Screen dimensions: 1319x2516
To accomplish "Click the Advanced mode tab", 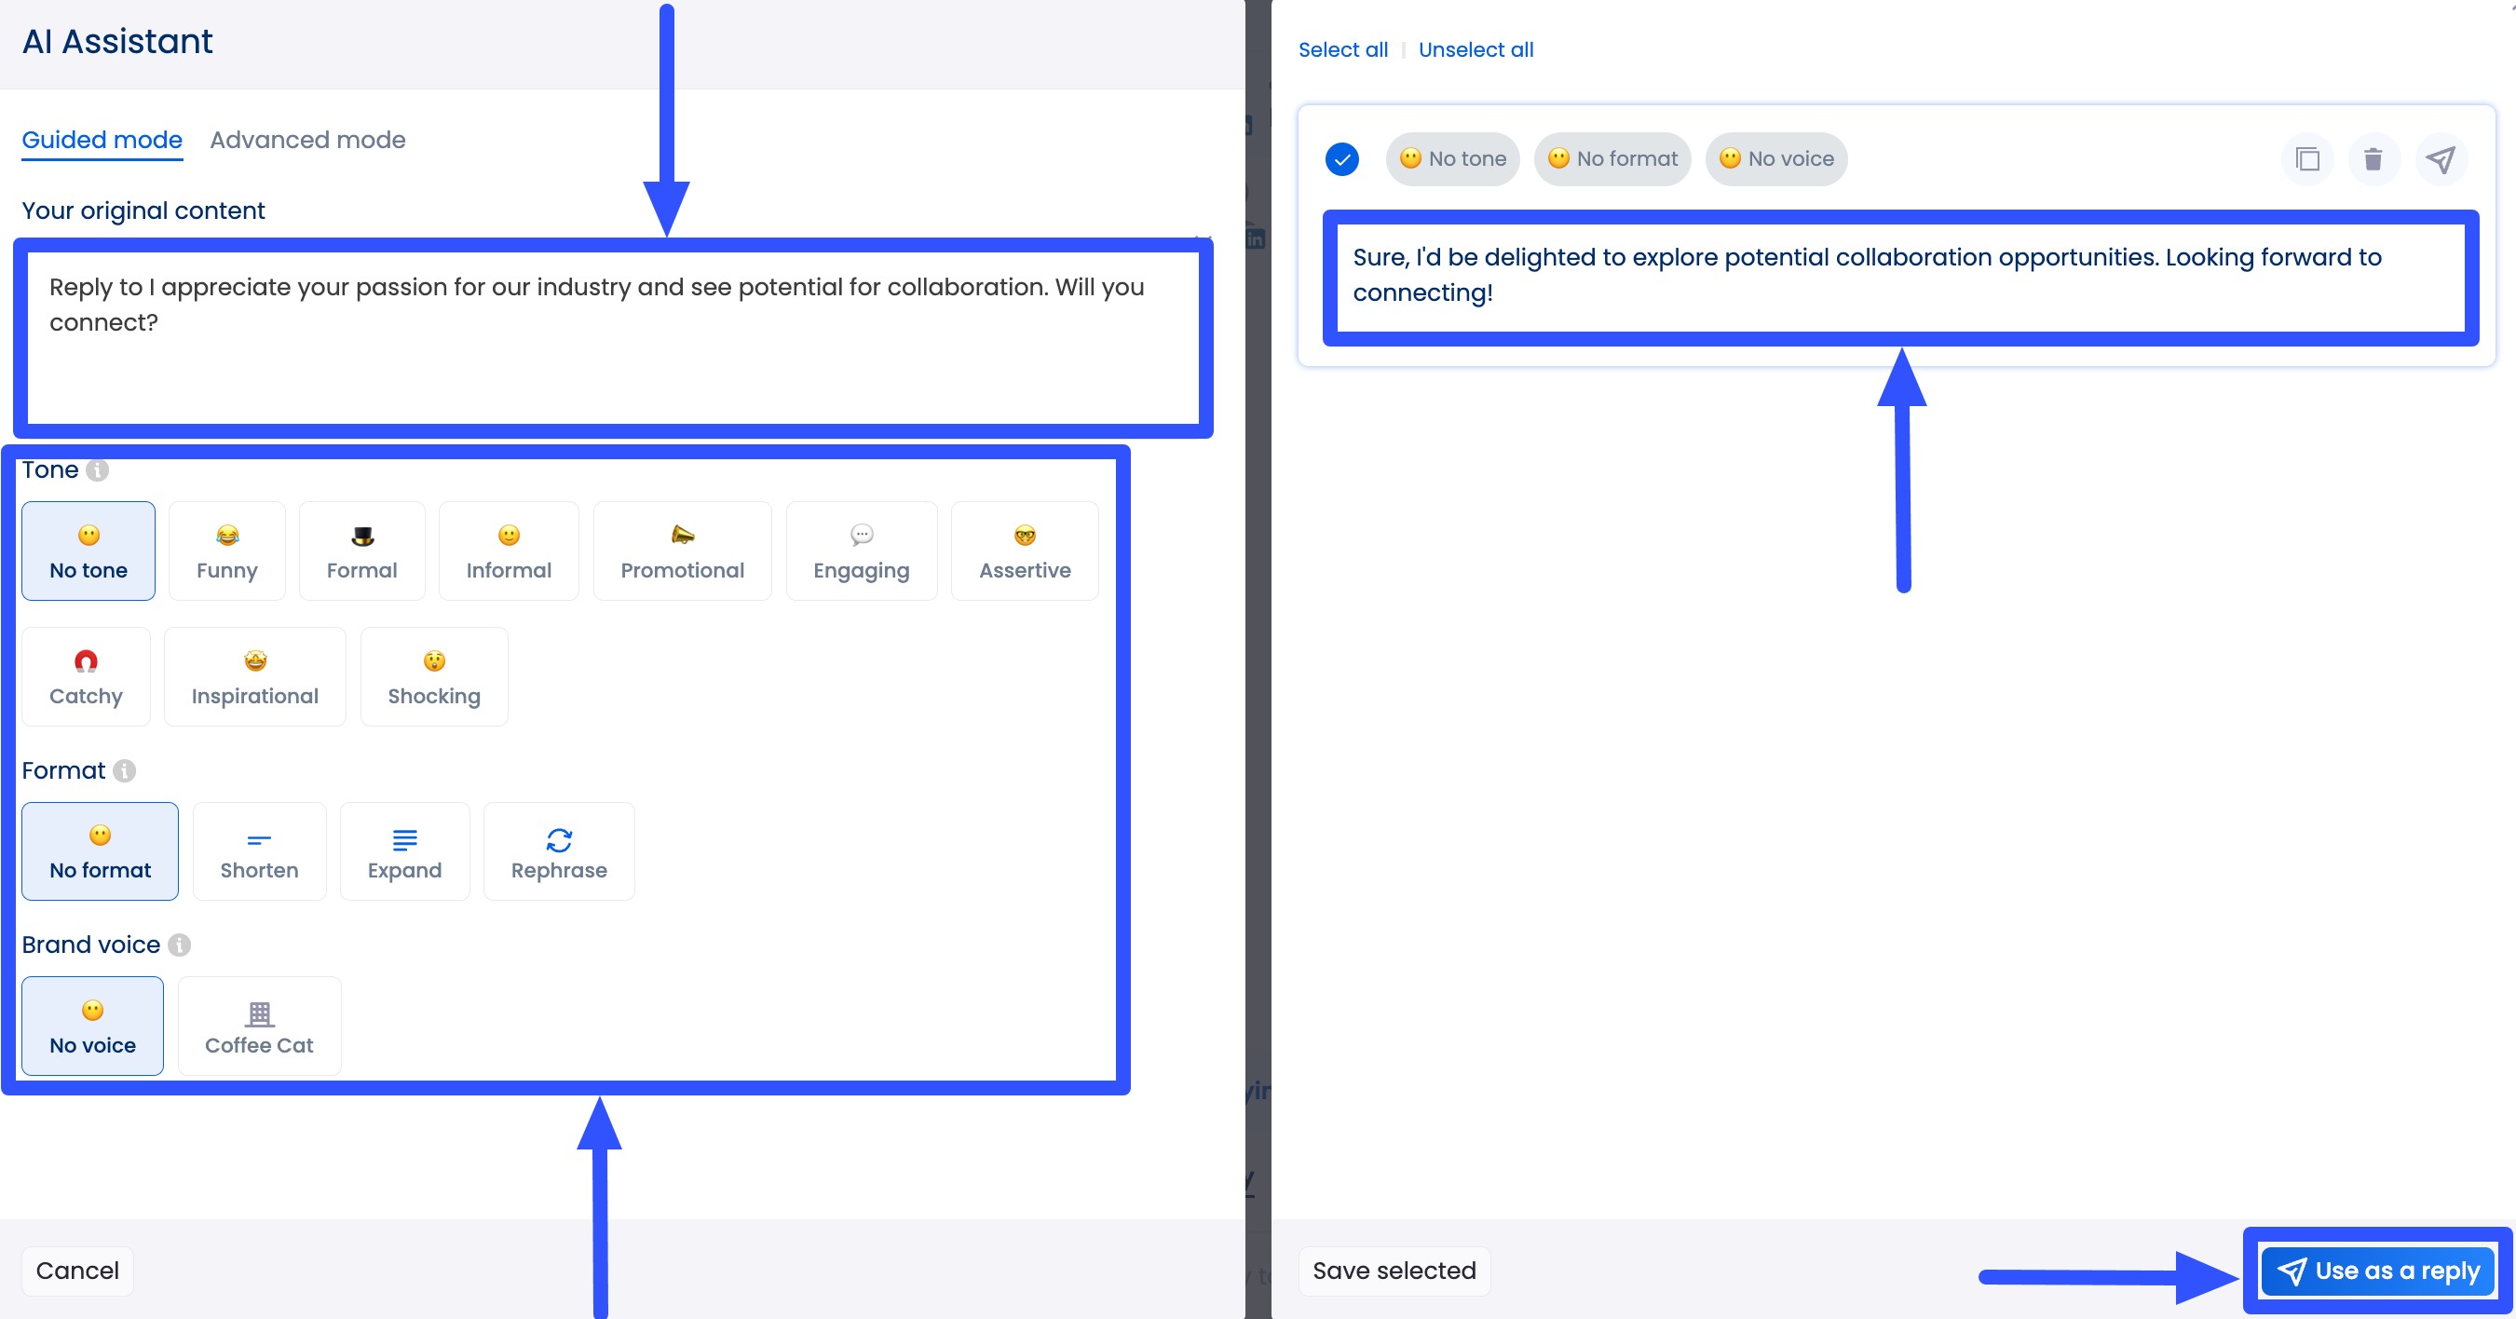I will pyautogui.click(x=307, y=140).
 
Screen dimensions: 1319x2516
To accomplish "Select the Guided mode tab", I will pyautogui.click(x=102, y=140).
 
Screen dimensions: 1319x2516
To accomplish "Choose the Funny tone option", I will pyautogui.click(x=226, y=551).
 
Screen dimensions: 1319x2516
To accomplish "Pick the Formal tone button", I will pyautogui.click(x=361, y=551).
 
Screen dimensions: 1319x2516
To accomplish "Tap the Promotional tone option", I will pyautogui.click(x=682, y=551).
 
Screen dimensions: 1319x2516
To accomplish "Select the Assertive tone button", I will pyautogui.click(x=1025, y=551).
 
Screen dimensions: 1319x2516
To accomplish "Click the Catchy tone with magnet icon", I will pyautogui.click(x=86, y=677).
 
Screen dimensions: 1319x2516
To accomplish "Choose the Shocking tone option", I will pyautogui.click(x=434, y=677).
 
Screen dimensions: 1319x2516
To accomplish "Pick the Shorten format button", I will pyautogui.click(x=259, y=852).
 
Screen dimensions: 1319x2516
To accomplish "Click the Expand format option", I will pyautogui.click(x=404, y=852).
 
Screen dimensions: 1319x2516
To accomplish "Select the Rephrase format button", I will pyautogui.click(x=559, y=852).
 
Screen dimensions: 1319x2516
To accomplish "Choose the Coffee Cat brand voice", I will pyautogui.click(x=259, y=1026).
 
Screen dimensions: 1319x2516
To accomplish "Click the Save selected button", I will pyautogui.click(x=1394, y=1271).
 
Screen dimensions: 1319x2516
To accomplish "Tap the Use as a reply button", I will pyautogui.click(x=2378, y=1271).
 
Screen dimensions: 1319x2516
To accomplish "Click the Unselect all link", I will pyautogui.click(x=1475, y=49).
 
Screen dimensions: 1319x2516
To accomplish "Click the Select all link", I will pyautogui.click(x=1342, y=49).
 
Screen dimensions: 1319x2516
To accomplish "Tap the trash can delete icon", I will pyautogui.click(x=2373, y=159).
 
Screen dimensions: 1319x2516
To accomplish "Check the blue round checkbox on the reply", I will pyautogui.click(x=1342, y=159).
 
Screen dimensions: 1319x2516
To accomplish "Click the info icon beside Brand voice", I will pyautogui.click(x=179, y=945).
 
